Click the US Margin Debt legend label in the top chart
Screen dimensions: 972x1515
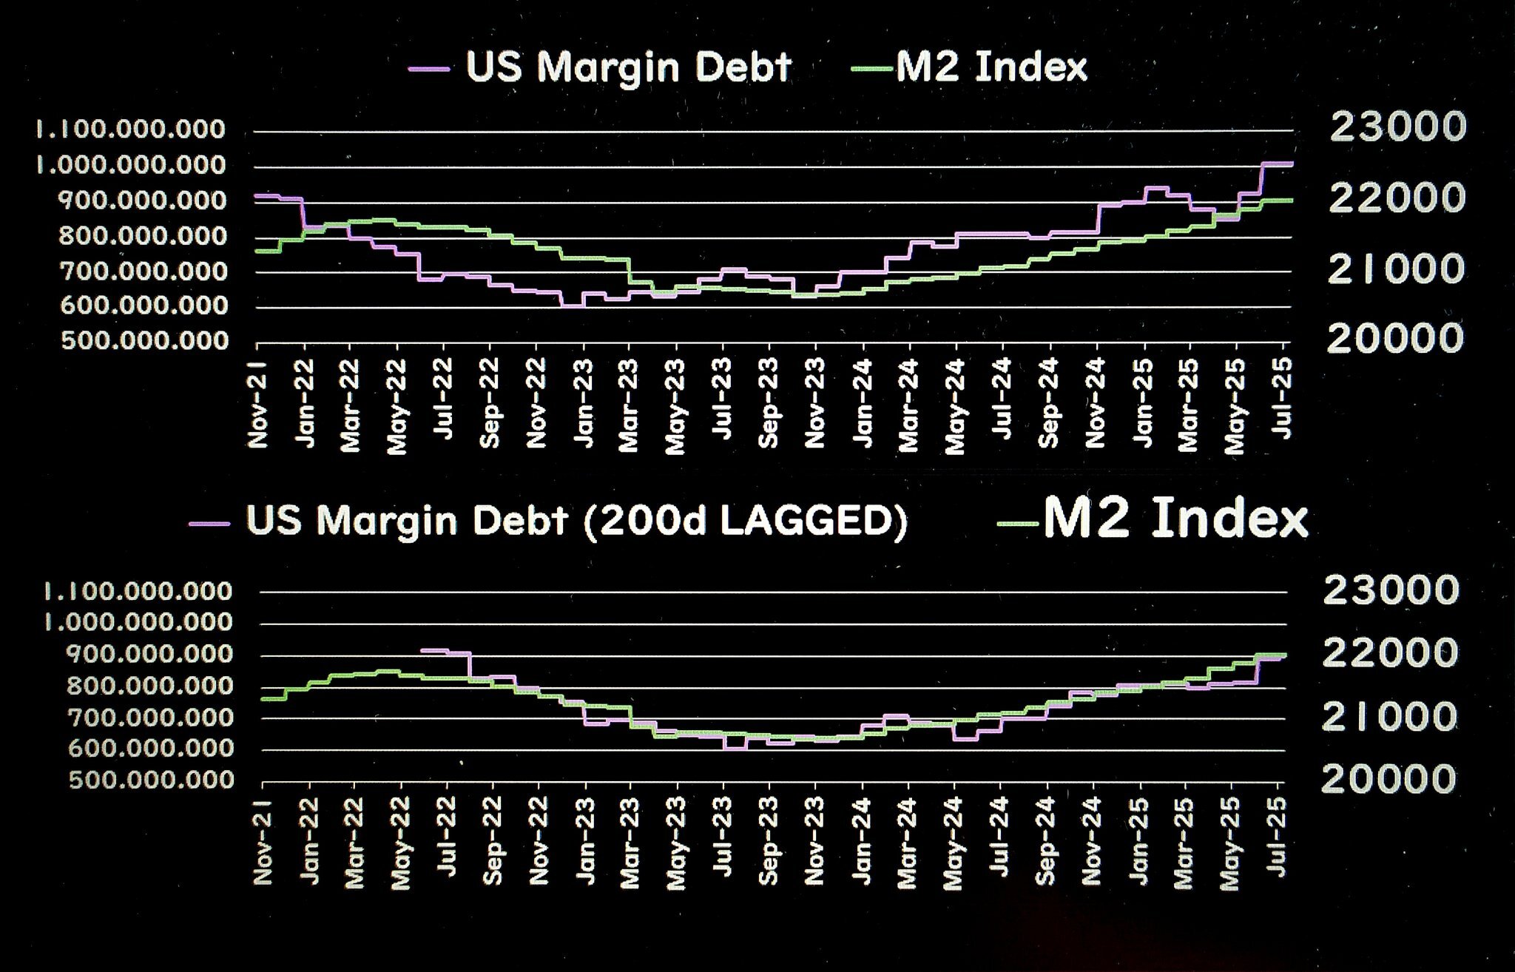click(629, 67)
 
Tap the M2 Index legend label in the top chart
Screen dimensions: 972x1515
click(991, 67)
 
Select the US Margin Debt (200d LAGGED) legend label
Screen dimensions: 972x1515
click(576, 521)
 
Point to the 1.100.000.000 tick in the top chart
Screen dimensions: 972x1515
click(131, 129)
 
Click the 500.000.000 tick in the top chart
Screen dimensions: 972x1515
click(145, 341)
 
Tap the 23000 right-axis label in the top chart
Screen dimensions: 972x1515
click(1397, 127)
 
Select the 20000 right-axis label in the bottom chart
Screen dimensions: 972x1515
click(1389, 779)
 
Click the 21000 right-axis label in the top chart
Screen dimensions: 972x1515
click(1396, 269)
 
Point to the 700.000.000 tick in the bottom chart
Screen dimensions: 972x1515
click(150, 717)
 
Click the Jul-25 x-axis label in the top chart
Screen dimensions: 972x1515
click(1284, 397)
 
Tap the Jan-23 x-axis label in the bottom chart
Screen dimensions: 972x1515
click(585, 840)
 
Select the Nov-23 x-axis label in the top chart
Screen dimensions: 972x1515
click(814, 404)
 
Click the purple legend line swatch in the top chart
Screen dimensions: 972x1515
click(429, 69)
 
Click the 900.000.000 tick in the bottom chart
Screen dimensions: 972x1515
click(150, 654)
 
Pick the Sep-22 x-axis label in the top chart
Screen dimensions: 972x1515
click(490, 403)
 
